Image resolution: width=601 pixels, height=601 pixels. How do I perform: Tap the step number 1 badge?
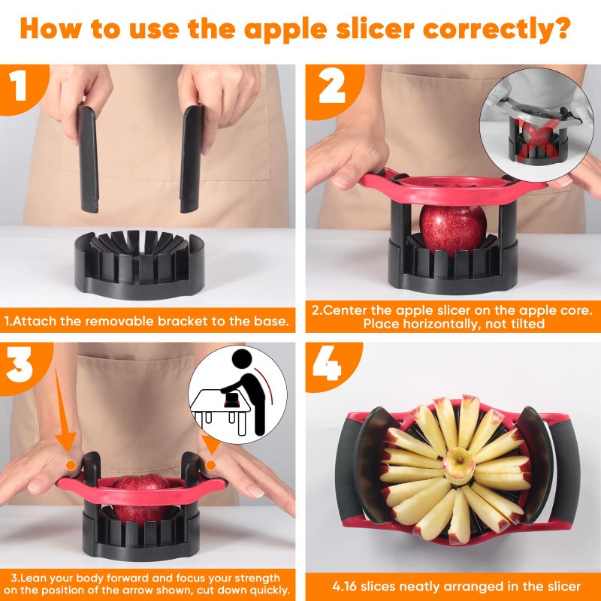[20, 86]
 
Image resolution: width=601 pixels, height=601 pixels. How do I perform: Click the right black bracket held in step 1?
[191, 157]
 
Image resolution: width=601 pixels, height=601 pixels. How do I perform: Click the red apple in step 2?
[453, 226]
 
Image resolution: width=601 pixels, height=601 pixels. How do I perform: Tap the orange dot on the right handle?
[210, 465]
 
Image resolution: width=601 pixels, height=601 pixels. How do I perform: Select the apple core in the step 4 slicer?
[458, 464]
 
